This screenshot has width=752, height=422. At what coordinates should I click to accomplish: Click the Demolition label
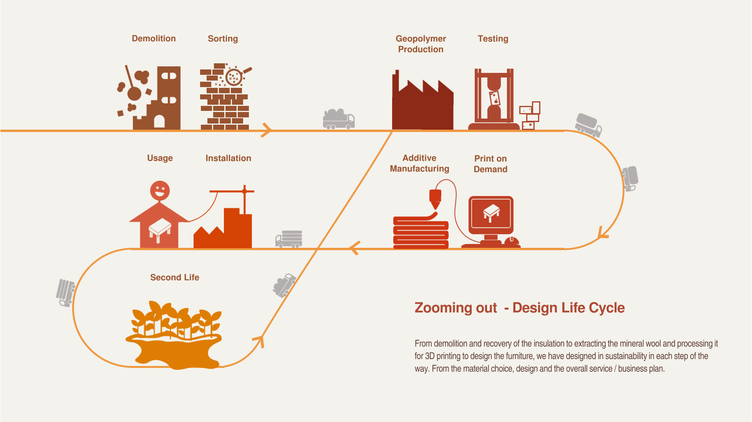click(x=154, y=38)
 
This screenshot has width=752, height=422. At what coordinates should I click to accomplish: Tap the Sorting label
click(x=223, y=39)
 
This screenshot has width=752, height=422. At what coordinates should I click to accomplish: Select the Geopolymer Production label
click(x=421, y=44)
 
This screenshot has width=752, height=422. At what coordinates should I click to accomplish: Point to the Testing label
click(x=493, y=39)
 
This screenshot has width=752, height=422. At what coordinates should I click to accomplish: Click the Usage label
click(x=160, y=158)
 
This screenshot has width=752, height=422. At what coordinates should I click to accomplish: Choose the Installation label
click(x=228, y=158)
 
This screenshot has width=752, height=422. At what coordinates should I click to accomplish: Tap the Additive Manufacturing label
click(x=419, y=163)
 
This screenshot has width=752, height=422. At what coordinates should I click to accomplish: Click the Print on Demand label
click(x=490, y=164)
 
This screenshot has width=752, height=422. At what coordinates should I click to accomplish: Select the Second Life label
click(x=174, y=277)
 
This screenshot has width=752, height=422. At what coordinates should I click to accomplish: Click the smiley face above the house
click(x=160, y=190)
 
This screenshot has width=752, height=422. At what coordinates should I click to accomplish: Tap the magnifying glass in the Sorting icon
click(x=234, y=77)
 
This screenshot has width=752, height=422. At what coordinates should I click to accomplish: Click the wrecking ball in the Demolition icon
click(x=134, y=93)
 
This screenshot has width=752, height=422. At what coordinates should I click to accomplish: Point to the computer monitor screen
click(x=491, y=213)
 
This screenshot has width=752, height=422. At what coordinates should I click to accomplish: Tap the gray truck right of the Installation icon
click(x=289, y=239)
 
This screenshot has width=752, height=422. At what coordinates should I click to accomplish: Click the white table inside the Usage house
click(x=160, y=229)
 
